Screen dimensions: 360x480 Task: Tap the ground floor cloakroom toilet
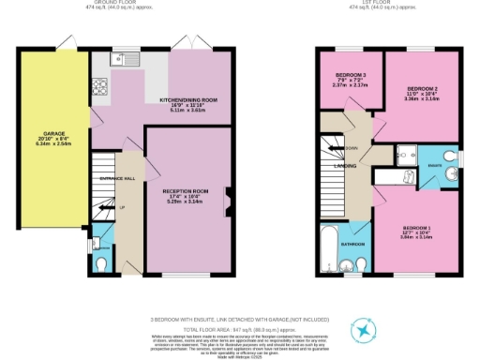(102, 262)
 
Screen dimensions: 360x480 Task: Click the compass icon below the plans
(361, 329)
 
